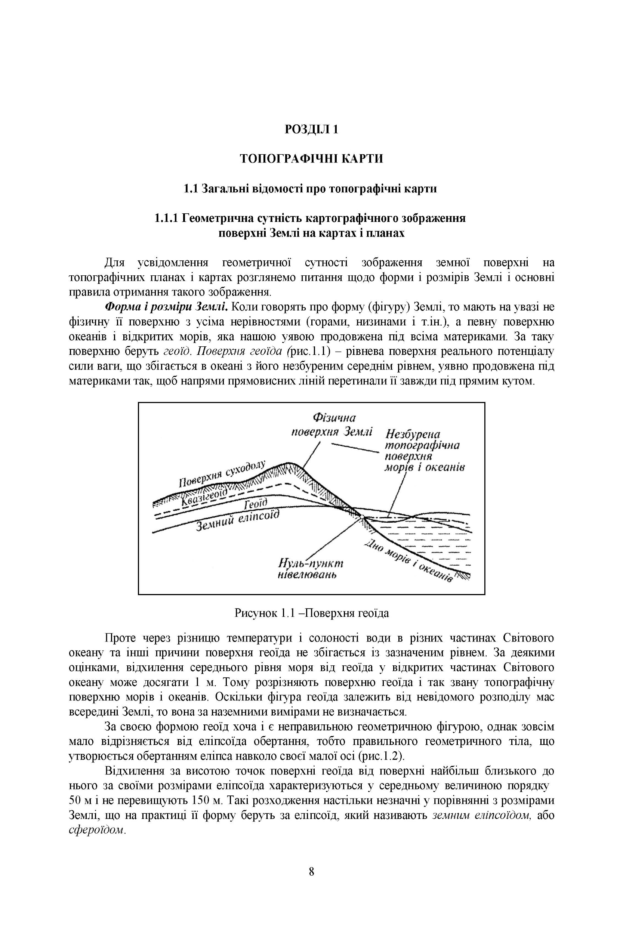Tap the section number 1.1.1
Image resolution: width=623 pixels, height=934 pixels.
tap(166, 218)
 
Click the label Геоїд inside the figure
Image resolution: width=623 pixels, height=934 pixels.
tap(255, 504)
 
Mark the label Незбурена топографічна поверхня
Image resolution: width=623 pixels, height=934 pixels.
tap(422, 445)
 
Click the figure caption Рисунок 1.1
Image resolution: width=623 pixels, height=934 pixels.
tap(312, 613)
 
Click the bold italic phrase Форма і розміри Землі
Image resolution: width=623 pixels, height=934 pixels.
tap(166, 307)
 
